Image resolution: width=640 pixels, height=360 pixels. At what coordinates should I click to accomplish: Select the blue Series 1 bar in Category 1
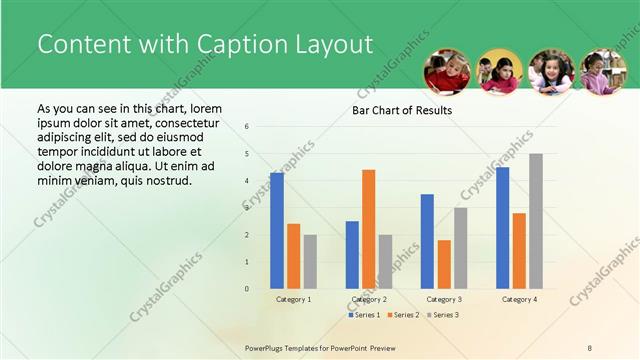pos(276,231)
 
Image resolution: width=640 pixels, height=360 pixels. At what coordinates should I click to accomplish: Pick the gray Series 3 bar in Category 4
pos(536,221)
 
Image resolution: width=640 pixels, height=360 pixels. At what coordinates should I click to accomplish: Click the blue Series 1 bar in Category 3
pos(427,241)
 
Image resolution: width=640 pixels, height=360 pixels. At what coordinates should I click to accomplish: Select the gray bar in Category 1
pos(310,262)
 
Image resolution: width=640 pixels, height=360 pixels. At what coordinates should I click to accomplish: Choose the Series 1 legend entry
pos(364,315)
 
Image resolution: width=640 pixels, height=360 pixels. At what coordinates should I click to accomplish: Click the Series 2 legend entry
pos(404,315)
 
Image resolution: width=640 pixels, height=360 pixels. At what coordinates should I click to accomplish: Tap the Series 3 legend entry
pos(443,315)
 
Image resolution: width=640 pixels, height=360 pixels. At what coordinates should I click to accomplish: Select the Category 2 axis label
pos(369,299)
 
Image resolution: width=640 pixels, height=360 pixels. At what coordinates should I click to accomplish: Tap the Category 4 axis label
pos(519,299)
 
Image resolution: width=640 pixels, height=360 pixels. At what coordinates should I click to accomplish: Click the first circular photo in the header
pos(447,72)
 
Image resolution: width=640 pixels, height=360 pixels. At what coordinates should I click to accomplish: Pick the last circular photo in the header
pos(603,72)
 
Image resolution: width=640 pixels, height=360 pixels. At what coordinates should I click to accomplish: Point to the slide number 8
pos(590,347)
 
